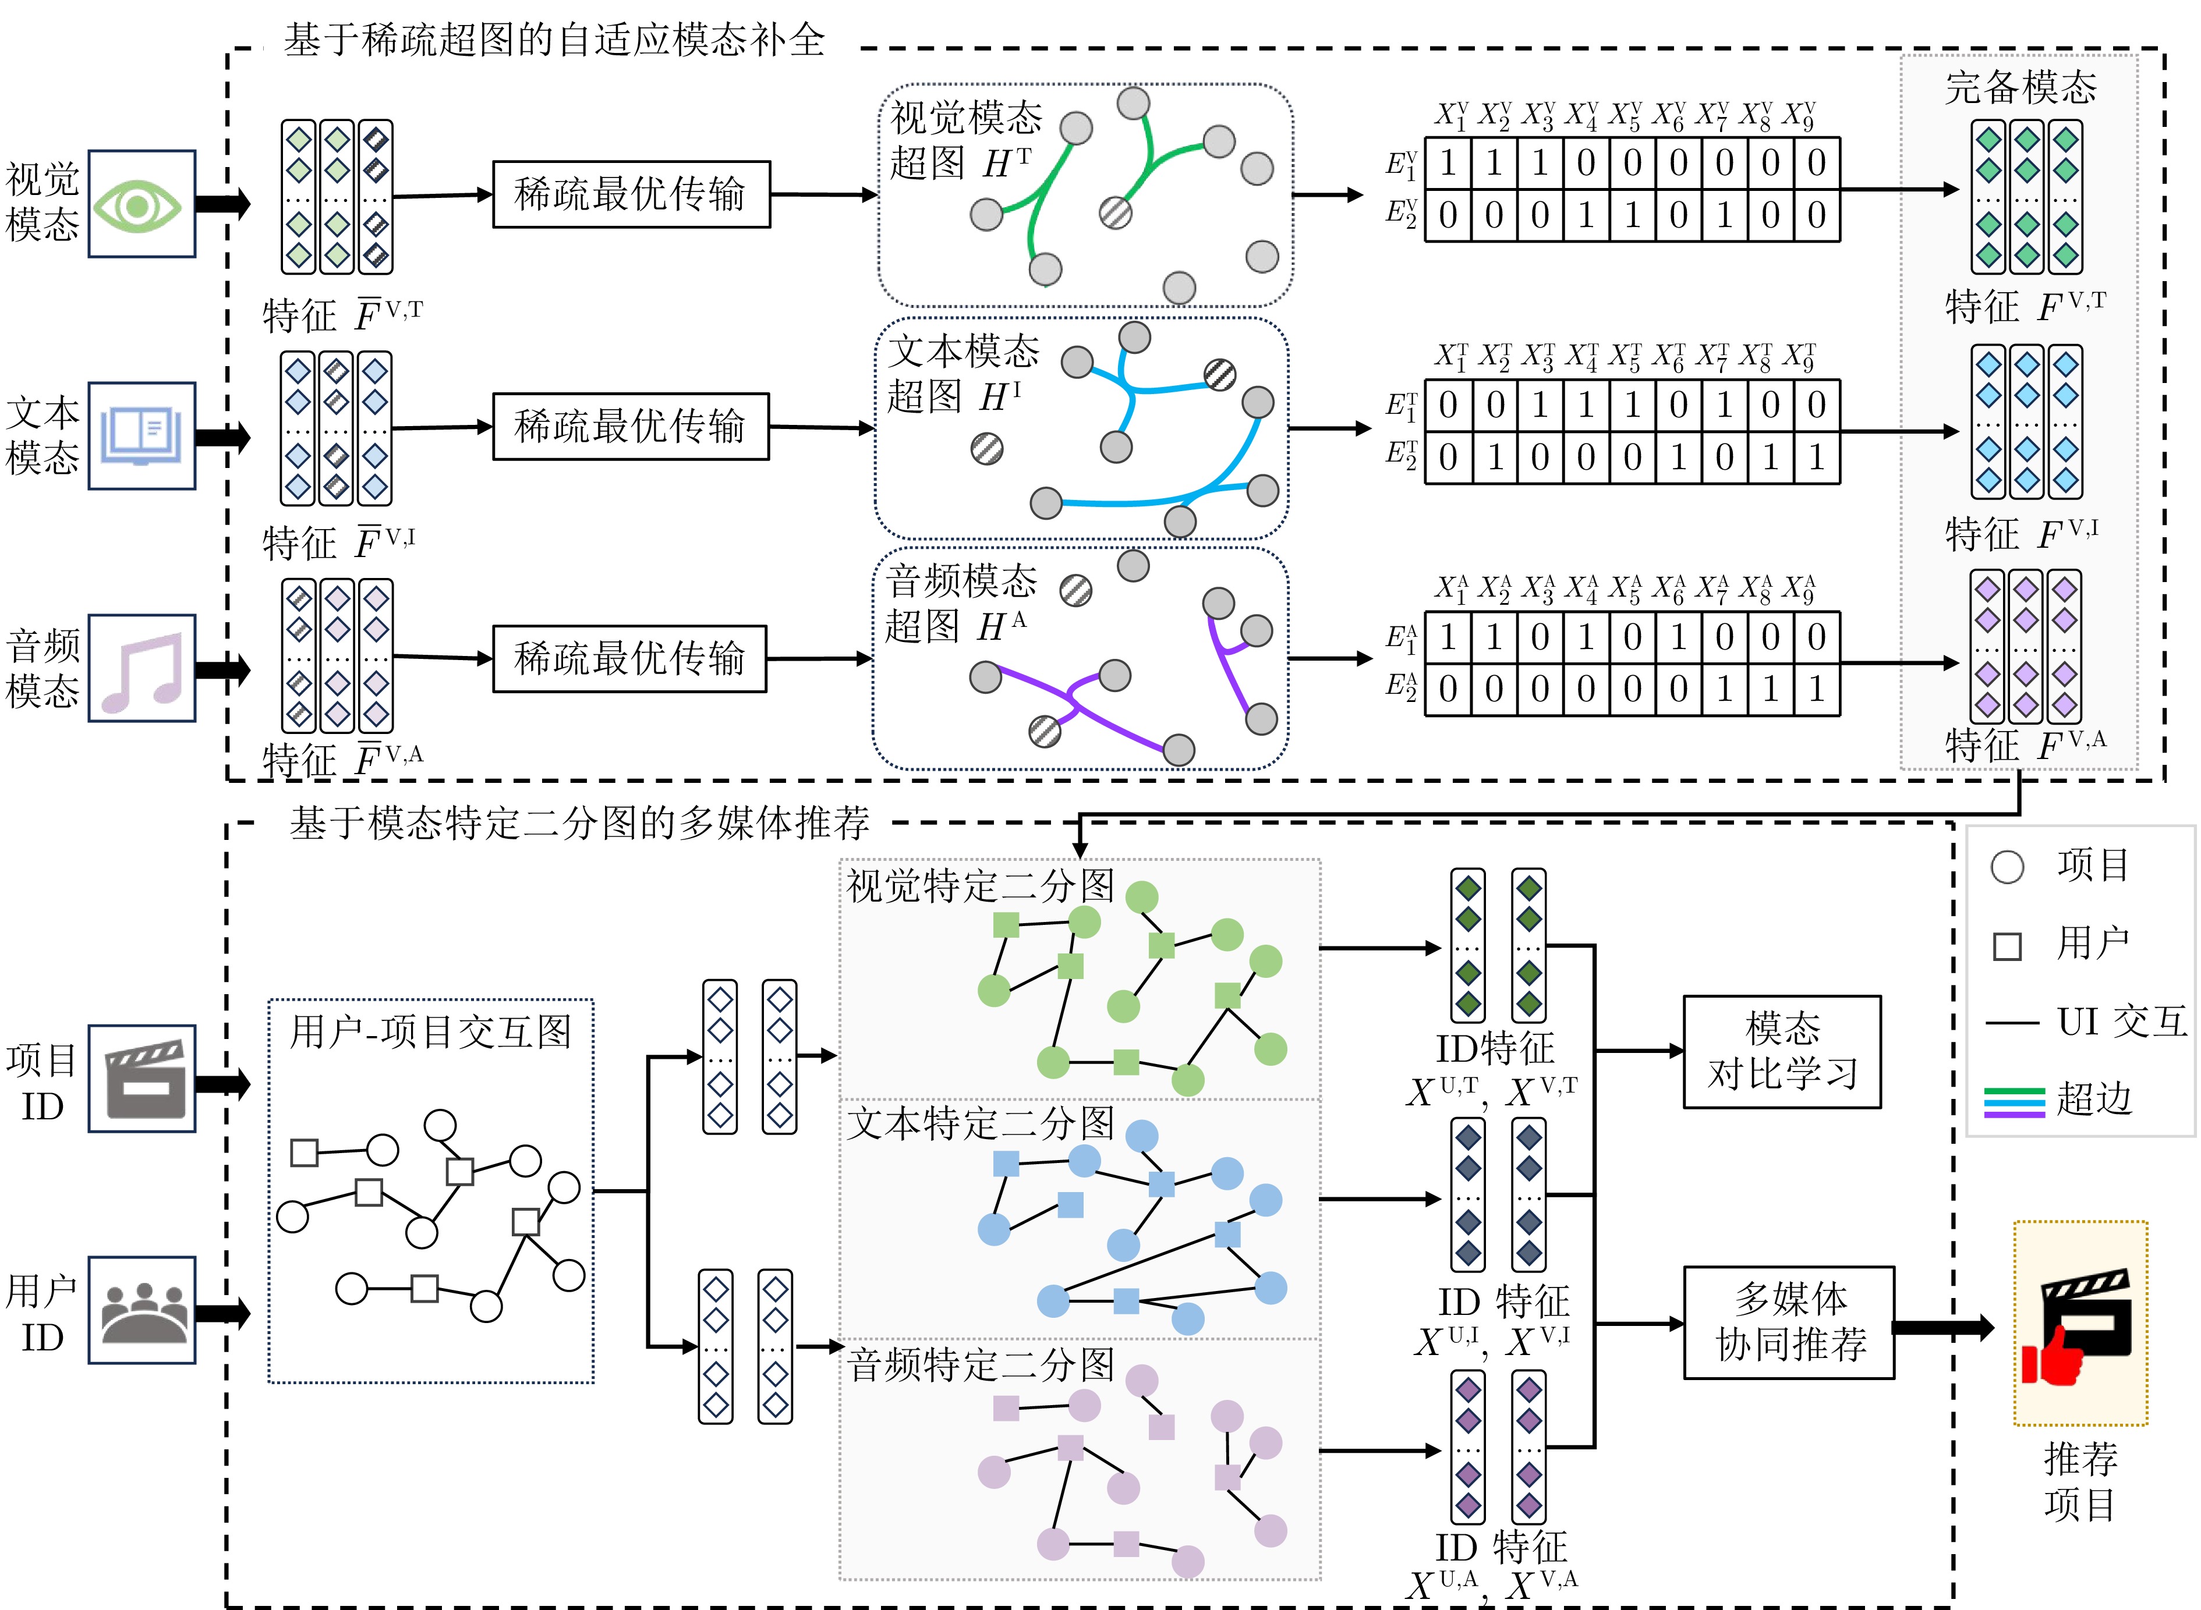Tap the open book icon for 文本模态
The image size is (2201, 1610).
point(141,435)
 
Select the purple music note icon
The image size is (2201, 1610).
point(142,669)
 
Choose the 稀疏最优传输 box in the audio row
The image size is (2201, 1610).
point(629,659)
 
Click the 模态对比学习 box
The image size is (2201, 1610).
point(1781,1052)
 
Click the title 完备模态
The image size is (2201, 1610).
point(2020,88)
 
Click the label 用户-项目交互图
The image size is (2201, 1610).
point(431,1031)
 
